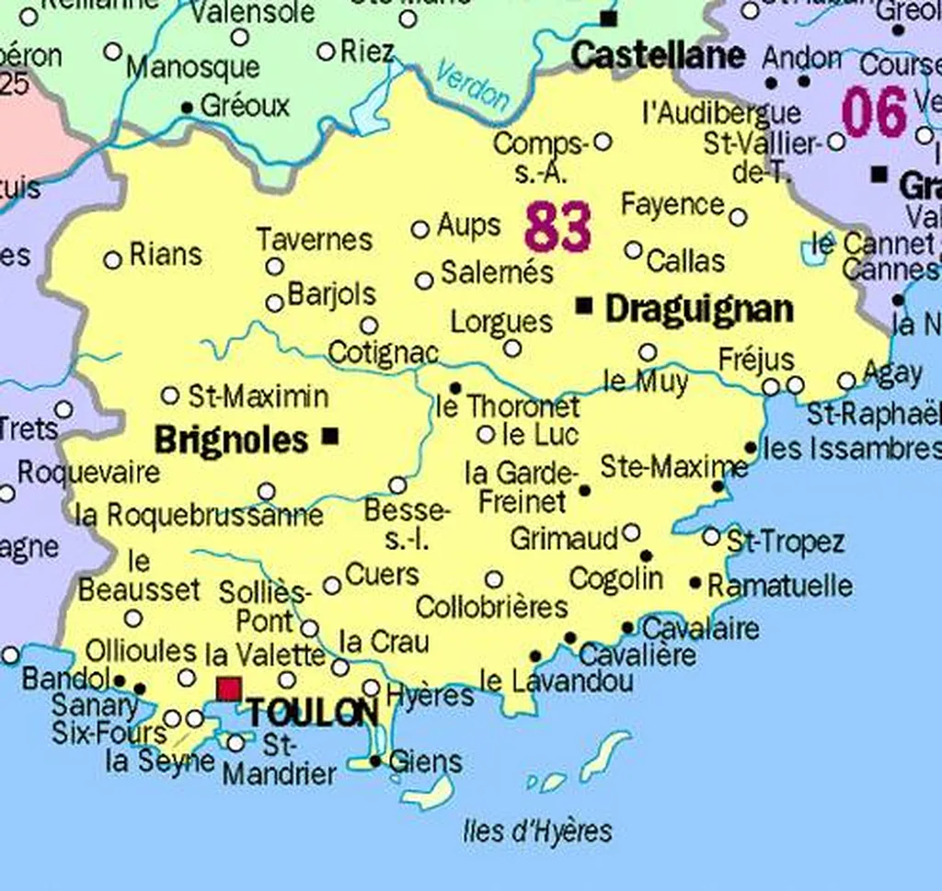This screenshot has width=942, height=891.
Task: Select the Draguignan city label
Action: point(698,309)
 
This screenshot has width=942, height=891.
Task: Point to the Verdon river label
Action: point(471,85)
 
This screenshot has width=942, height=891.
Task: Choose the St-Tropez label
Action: point(785,542)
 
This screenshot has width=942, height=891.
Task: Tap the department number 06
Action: point(874,113)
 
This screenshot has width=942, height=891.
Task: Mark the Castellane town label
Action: point(657,55)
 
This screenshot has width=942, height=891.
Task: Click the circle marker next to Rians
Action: point(113,260)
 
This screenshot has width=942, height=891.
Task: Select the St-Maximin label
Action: point(258,397)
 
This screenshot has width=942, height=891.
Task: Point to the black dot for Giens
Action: point(375,761)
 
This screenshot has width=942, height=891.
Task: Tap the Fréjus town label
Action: point(755,360)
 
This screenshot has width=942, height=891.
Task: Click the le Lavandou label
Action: point(557,681)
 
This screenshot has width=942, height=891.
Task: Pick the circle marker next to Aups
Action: point(420,229)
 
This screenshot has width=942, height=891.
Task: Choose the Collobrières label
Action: point(491,608)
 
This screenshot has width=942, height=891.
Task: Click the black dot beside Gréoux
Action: point(187,108)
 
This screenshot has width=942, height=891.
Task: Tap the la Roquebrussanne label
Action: point(199,515)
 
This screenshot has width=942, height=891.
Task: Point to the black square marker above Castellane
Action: point(606,17)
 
